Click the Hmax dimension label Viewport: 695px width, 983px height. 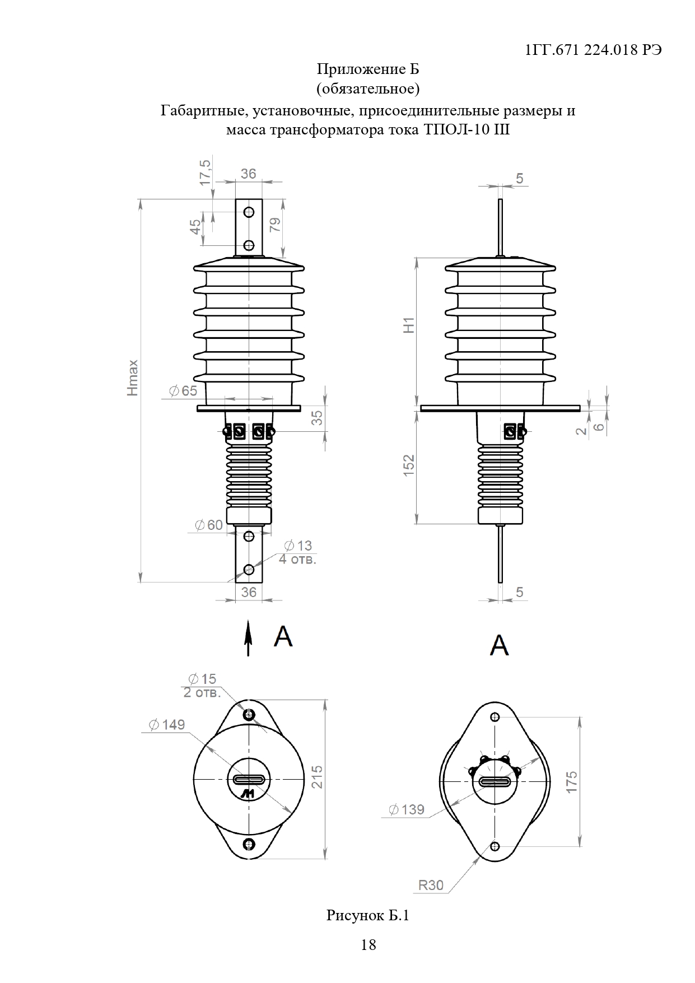pos(132,378)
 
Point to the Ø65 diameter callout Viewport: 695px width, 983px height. pos(183,390)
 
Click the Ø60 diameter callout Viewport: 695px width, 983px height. pos(208,525)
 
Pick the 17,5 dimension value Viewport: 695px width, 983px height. pos(205,172)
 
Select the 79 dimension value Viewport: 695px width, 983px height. pos(275,225)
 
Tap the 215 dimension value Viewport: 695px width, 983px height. pos(318,777)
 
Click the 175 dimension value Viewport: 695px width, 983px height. pos(571,781)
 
